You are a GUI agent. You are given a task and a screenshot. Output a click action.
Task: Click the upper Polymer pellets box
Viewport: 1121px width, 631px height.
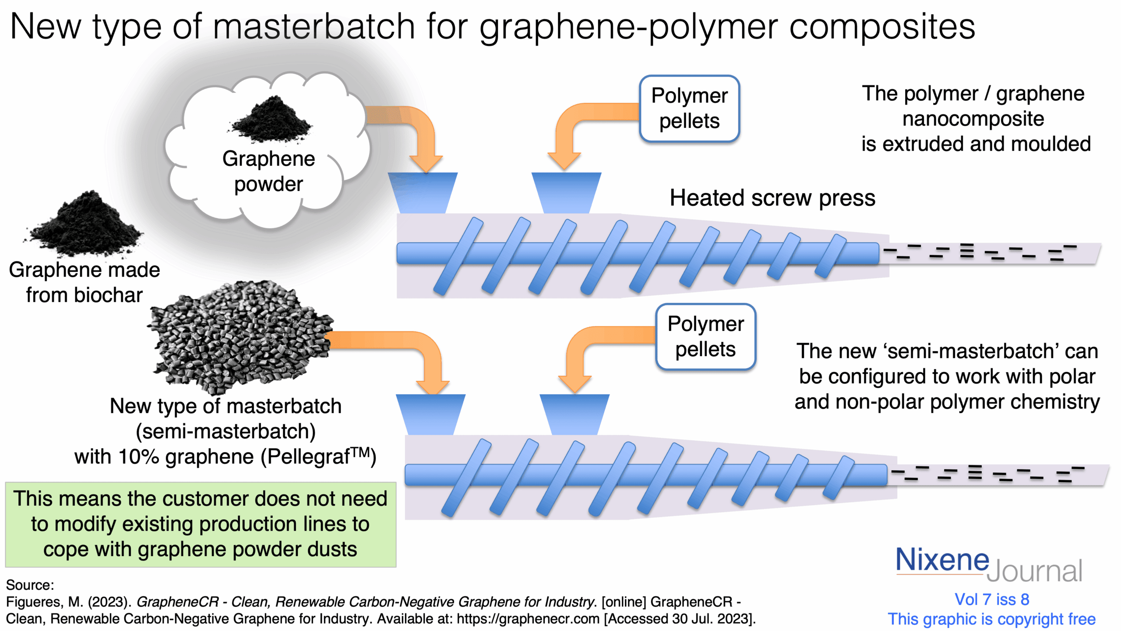pos(689,108)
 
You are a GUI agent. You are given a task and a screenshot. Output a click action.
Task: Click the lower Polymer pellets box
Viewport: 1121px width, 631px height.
pos(705,337)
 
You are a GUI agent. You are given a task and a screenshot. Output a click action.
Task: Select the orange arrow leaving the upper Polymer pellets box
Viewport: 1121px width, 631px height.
pos(574,127)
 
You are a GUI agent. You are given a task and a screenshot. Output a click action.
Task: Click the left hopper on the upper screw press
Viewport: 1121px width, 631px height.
pos(423,193)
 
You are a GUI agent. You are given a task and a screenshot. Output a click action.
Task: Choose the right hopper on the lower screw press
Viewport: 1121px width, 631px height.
pos(574,414)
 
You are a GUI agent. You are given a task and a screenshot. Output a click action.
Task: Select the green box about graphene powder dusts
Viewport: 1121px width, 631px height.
pos(201,524)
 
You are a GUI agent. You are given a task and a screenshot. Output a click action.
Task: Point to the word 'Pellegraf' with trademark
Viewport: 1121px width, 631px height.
pos(315,457)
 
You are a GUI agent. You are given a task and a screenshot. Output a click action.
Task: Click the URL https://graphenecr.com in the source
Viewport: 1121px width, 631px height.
pos(528,619)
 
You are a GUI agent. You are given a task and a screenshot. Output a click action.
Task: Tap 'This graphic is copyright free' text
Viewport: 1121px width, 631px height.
pos(991,619)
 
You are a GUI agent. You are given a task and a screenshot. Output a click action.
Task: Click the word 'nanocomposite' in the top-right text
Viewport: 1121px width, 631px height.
pos(973,119)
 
